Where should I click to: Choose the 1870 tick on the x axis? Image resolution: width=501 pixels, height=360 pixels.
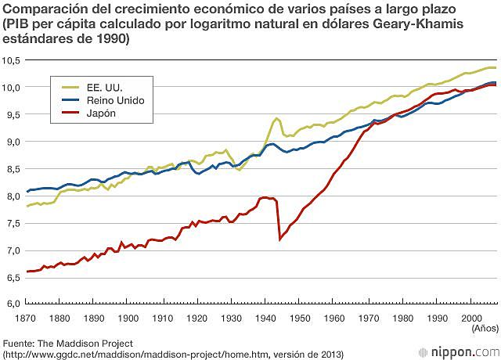tap(27, 318)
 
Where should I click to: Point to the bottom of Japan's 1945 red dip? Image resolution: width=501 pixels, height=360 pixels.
tap(280, 239)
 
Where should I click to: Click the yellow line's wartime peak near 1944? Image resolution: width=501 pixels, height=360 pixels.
tap(276, 118)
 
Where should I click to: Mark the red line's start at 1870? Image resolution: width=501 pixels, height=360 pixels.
tap(27, 272)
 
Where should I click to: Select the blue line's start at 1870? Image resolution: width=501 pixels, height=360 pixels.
tap(27, 191)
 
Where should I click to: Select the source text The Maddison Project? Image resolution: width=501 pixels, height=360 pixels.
tap(81, 343)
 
